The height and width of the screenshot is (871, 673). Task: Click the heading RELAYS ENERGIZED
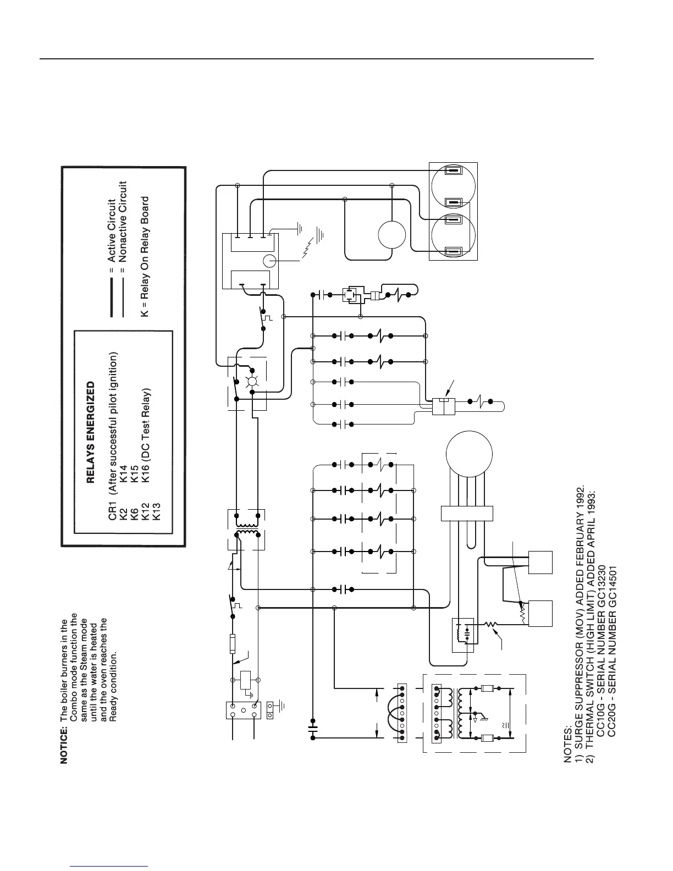pos(91,433)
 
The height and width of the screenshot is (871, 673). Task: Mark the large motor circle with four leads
pos(469,454)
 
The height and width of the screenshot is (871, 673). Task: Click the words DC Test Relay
pos(146,412)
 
